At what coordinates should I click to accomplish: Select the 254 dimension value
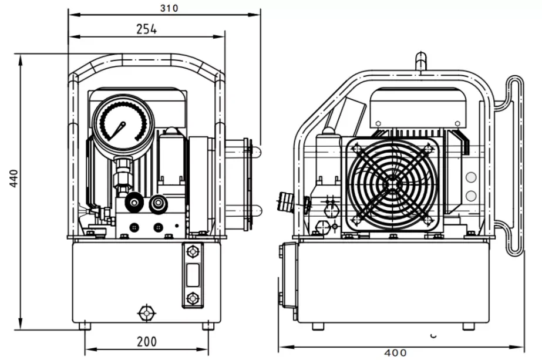tap(146, 29)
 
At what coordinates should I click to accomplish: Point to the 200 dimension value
tap(147, 341)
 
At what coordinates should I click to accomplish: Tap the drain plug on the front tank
tap(145, 312)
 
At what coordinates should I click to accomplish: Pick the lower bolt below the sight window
tap(192, 298)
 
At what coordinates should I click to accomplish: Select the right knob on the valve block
tap(157, 204)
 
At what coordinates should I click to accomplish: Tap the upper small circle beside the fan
tap(470, 177)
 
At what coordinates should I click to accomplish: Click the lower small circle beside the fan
tap(470, 196)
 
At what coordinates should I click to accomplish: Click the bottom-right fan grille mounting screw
tap(428, 220)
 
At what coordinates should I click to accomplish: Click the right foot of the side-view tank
tap(468, 326)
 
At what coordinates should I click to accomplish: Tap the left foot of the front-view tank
tap(85, 325)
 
